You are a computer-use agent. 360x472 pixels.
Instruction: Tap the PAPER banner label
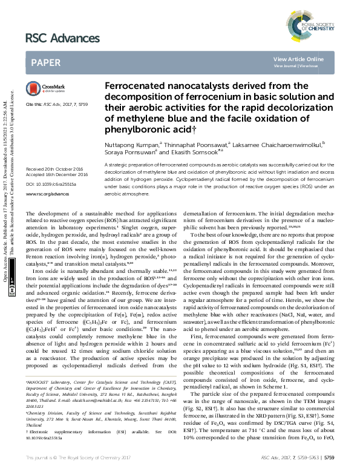45,62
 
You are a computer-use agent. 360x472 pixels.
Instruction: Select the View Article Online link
298,59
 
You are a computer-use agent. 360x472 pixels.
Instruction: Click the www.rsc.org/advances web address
48,177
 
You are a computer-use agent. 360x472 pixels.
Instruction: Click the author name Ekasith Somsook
205,152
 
